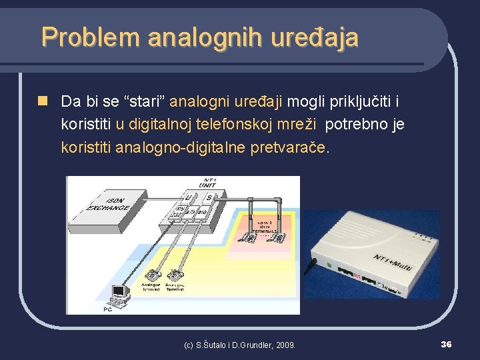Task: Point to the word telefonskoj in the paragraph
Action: point(251,124)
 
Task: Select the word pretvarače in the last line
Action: point(288,146)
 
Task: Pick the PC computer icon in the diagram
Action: point(119,294)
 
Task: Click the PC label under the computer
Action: point(107,309)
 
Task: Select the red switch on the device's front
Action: point(357,275)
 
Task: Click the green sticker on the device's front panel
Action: point(329,266)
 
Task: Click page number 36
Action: point(446,344)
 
